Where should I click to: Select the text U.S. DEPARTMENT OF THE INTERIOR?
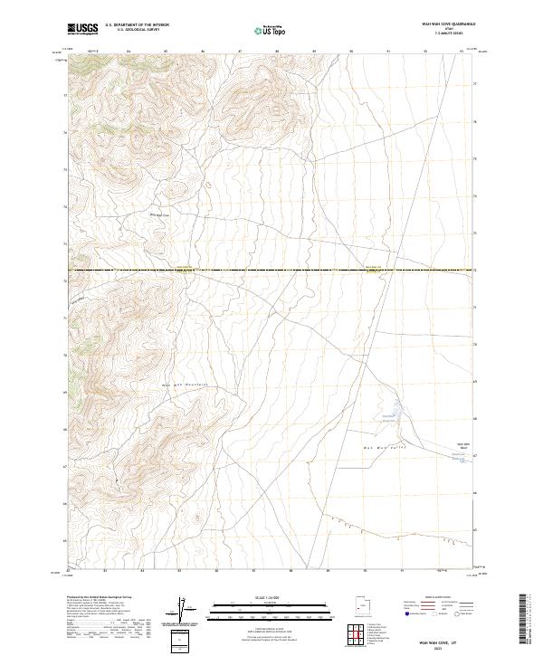point(137,25)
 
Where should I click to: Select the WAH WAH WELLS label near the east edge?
point(462,445)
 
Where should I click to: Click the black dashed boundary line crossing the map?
point(271,270)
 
